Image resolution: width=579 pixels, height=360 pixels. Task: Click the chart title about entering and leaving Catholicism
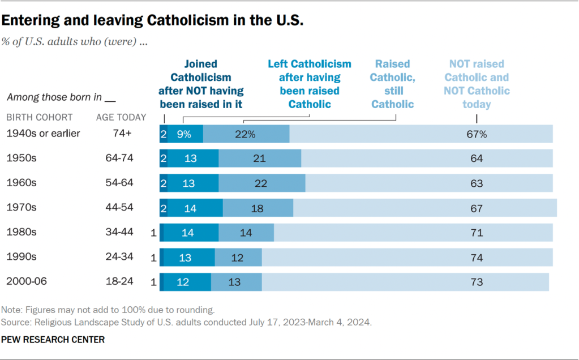click(x=152, y=22)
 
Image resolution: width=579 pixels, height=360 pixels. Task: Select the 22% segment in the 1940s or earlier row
click(x=246, y=134)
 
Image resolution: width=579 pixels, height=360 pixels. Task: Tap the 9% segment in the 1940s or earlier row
click(x=183, y=134)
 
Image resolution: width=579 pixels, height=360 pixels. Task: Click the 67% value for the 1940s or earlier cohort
click(x=477, y=134)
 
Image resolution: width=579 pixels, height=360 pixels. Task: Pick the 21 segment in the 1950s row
click(x=260, y=158)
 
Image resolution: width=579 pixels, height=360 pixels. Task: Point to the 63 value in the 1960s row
click(x=477, y=183)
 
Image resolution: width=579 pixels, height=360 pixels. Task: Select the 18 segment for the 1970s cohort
click(x=257, y=208)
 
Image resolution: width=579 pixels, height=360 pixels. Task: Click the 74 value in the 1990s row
click(x=477, y=257)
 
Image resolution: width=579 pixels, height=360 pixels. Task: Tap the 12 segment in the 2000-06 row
click(x=183, y=282)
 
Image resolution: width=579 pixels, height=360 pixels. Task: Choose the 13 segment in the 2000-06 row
click(x=234, y=282)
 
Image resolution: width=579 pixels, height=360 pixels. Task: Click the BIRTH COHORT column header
click(x=39, y=118)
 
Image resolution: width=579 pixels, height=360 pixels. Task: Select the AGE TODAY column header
click(x=121, y=118)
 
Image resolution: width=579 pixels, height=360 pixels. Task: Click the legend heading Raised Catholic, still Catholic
click(x=393, y=84)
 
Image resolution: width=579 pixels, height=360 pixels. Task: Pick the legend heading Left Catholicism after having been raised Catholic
click(x=310, y=84)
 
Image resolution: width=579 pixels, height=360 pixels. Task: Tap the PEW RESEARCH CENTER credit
click(x=53, y=340)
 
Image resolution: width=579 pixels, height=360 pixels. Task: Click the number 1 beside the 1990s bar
click(x=153, y=257)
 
